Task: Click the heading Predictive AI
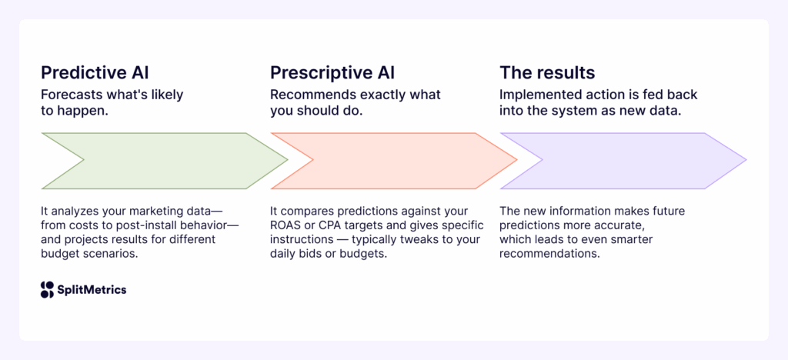(x=95, y=73)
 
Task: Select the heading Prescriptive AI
(x=331, y=73)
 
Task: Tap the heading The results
(x=547, y=73)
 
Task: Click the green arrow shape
(x=165, y=161)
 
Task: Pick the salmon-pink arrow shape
(x=394, y=161)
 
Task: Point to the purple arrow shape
(x=623, y=161)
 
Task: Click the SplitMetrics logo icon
(x=48, y=289)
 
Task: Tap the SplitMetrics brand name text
(x=92, y=290)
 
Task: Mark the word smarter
(x=656, y=239)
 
